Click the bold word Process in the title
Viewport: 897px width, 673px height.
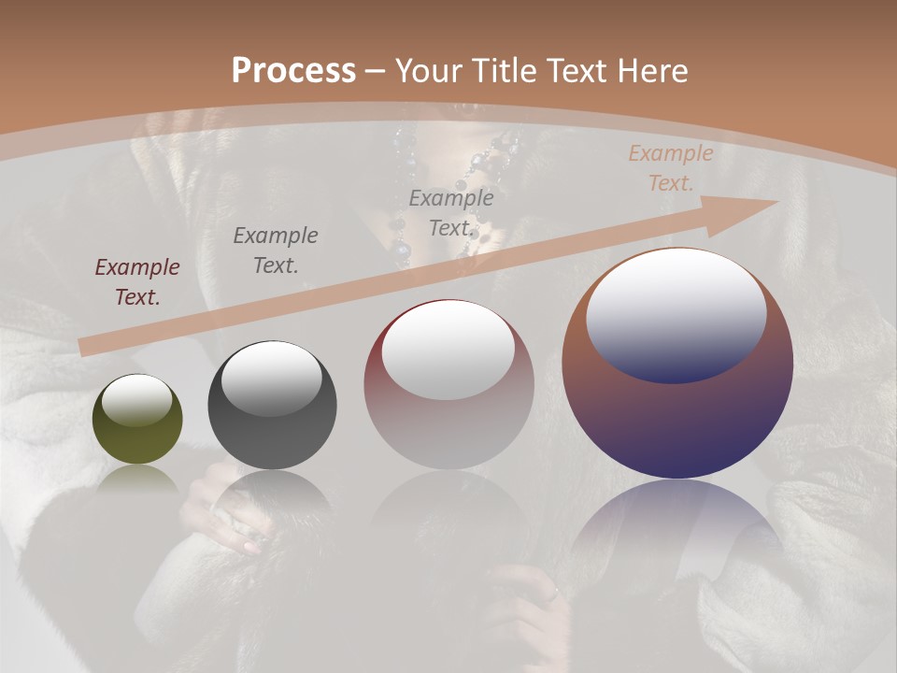click(x=293, y=71)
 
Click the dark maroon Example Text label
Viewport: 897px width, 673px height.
click(x=137, y=281)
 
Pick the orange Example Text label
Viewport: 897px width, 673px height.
click(x=670, y=168)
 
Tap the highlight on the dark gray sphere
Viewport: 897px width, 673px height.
click(x=272, y=378)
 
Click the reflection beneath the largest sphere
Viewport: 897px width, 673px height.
click(x=677, y=533)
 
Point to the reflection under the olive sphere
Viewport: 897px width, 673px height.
click(x=137, y=481)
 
